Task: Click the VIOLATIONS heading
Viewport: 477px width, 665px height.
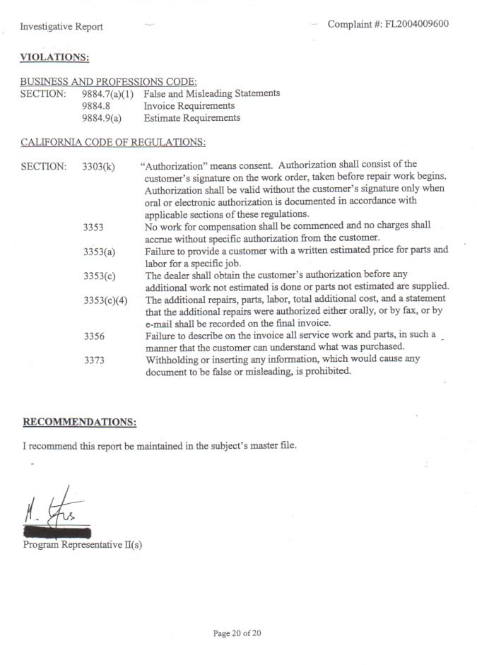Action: click(x=54, y=57)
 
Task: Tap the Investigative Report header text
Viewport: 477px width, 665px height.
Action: click(x=61, y=27)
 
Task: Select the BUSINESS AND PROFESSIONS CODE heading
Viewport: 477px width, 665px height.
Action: click(x=108, y=82)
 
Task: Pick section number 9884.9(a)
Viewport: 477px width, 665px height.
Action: click(x=102, y=118)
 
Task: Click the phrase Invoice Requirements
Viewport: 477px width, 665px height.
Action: click(x=189, y=106)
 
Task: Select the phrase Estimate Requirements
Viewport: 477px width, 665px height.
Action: click(x=192, y=118)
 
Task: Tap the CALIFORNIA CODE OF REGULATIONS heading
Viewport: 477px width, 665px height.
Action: click(x=113, y=142)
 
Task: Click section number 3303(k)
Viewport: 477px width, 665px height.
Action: click(x=99, y=167)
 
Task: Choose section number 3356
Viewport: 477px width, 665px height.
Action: click(x=94, y=336)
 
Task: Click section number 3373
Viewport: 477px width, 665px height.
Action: click(x=94, y=360)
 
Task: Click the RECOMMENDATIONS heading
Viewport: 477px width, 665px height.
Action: click(x=79, y=422)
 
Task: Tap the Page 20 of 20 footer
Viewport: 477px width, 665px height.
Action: click(x=237, y=633)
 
